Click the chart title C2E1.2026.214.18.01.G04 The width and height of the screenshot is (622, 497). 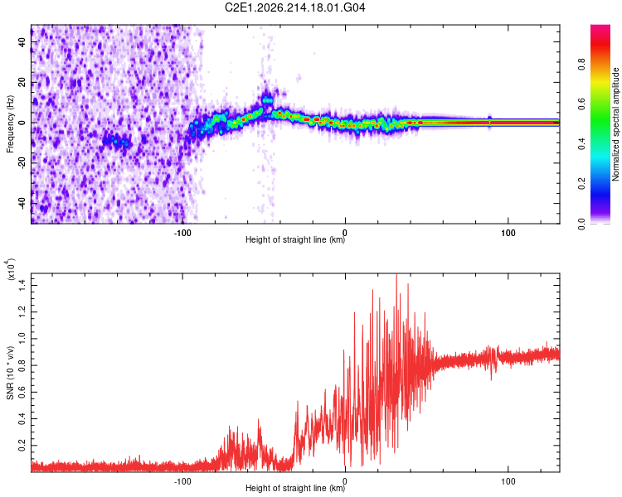(x=294, y=7)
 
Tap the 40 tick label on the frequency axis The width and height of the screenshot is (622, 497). (x=22, y=42)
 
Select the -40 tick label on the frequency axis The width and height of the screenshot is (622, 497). (x=22, y=204)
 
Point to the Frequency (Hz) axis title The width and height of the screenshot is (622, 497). (x=10, y=123)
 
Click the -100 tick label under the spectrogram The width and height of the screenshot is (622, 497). (x=182, y=233)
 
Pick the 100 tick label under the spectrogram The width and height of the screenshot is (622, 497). (x=508, y=233)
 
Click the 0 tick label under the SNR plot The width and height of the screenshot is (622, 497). (x=345, y=481)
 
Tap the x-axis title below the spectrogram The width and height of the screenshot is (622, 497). (x=295, y=239)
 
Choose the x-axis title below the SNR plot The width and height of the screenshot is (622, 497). (x=295, y=488)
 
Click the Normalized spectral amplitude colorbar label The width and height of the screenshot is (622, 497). (x=615, y=124)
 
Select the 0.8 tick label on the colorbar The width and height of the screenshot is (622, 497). (x=581, y=65)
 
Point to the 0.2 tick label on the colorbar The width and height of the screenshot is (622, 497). (x=581, y=184)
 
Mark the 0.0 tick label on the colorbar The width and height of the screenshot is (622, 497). (x=581, y=224)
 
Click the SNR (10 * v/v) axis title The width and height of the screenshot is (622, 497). (x=10, y=373)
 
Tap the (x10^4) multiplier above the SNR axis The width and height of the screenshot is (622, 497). (x=11, y=269)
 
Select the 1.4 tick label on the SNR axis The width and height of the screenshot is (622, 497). (x=22, y=285)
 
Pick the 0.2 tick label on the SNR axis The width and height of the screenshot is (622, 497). (x=22, y=446)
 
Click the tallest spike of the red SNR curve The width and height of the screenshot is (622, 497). (x=396, y=275)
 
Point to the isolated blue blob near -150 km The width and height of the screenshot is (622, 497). (x=116, y=140)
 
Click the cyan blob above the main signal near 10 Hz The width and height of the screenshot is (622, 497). (x=268, y=100)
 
